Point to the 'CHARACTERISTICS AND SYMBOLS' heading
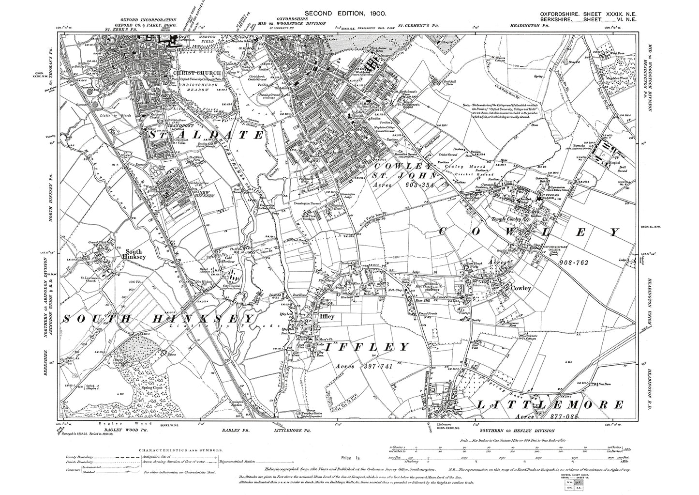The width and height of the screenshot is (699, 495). coord(180,450)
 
